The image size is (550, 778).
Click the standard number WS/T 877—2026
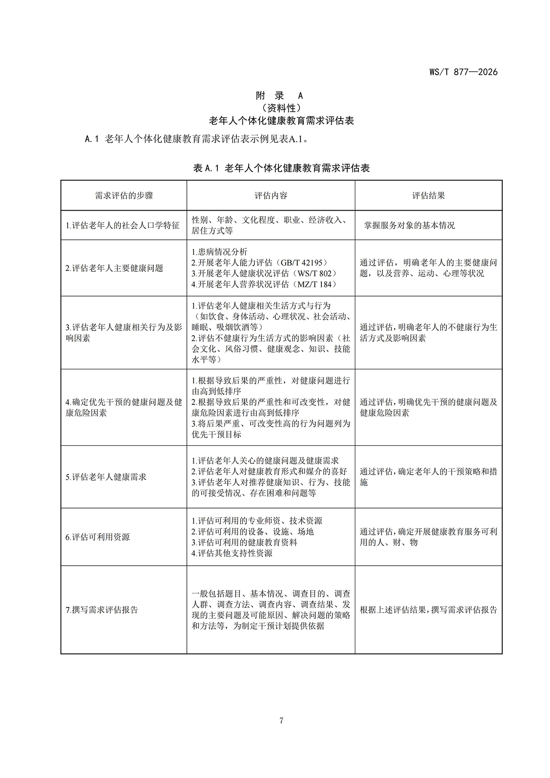[x=463, y=72]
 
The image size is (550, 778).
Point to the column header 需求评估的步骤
[x=124, y=196]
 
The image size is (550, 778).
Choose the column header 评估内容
[x=271, y=196]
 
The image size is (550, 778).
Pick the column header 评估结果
[x=428, y=196]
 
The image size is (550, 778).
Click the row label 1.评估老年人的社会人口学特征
[x=122, y=225]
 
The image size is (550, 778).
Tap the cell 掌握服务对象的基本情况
[x=409, y=225]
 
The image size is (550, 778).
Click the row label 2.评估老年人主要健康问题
[x=114, y=268]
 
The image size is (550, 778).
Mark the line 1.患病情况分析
[x=219, y=252]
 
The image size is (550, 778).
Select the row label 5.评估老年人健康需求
[x=106, y=477]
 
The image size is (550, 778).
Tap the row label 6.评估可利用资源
[x=98, y=537]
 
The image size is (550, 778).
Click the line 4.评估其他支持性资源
[x=232, y=553]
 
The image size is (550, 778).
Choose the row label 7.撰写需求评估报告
[x=102, y=610]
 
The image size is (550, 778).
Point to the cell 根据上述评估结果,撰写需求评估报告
[x=428, y=610]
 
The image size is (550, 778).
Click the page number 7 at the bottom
[x=281, y=721]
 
